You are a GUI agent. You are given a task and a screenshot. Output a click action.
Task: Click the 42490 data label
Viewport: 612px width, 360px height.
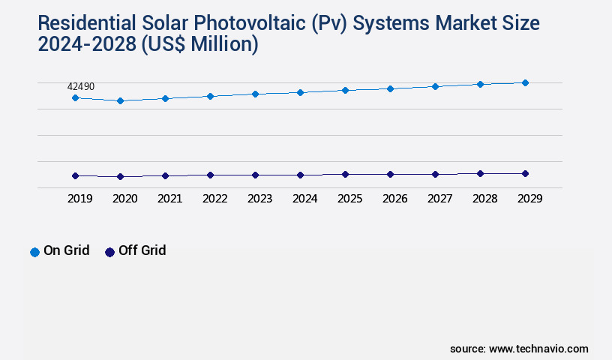[x=81, y=87]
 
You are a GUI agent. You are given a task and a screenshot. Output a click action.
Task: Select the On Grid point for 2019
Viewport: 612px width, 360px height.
[x=75, y=98]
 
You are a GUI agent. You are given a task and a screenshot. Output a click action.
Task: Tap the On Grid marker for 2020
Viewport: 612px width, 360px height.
[x=120, y=100]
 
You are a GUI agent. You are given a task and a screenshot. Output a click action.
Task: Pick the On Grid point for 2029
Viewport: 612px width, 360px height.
[x=525, y=82]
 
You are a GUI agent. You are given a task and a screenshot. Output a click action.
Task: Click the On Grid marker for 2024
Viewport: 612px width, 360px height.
[x=300, y=92]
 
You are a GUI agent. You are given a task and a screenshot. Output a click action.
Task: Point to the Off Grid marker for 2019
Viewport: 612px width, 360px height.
[x=75, y=175]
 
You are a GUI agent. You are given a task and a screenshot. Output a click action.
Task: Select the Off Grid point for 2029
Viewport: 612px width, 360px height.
[x=525, y=173]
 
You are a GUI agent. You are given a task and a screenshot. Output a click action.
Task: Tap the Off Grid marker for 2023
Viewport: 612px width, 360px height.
[x=255, y=175]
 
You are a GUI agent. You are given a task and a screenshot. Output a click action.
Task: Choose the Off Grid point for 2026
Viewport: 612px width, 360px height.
[x=390, y=174]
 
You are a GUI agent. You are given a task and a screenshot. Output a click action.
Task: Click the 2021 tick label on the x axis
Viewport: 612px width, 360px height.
[x=169, y=199]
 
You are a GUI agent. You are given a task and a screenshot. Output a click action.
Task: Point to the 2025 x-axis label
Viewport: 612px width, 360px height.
[x=349, y=199]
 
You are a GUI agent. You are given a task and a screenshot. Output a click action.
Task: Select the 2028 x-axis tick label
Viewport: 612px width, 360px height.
[x=484, y=199]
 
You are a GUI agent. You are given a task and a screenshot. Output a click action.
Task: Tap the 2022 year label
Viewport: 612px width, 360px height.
[x=214, y=199]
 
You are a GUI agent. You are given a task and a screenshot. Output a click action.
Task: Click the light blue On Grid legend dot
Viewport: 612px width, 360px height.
[x=34, y=252]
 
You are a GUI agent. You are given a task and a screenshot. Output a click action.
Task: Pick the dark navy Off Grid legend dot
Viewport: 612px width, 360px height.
[x=109, y=252]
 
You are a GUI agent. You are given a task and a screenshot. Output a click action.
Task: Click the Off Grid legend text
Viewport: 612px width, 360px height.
[x=142, y=250]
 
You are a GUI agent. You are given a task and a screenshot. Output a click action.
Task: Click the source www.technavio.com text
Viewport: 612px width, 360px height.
[x=519, y=349]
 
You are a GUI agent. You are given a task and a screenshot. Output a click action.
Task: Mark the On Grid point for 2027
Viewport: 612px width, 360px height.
[x=435, y=86]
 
